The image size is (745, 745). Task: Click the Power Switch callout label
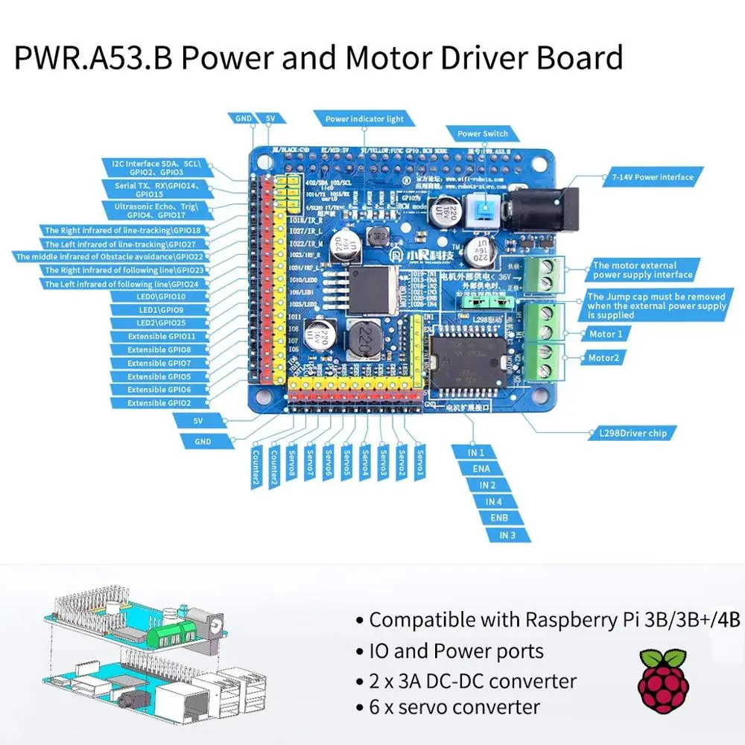483,134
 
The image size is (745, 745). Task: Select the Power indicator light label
364,118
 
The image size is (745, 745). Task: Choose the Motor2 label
604,358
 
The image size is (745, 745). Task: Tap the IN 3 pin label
507,535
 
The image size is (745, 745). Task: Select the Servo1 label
419,463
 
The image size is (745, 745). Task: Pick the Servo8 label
291,463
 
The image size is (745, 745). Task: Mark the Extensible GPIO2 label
159,403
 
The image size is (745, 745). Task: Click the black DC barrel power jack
542,208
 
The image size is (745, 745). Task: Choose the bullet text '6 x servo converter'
454,706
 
